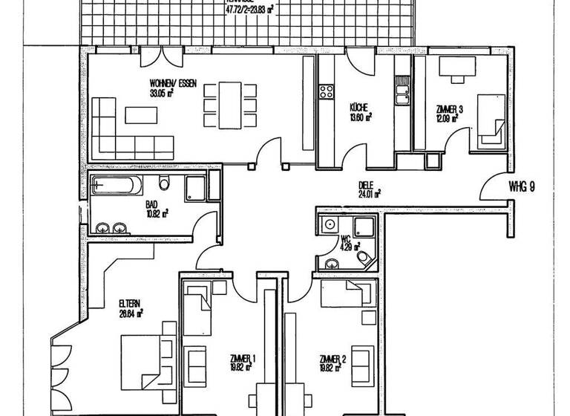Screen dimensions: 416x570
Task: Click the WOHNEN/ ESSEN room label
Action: click(x=172, y=85)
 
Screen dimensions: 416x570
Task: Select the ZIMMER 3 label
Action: click(x=447, y=109)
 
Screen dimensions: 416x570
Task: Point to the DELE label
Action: click(x=364, y=186)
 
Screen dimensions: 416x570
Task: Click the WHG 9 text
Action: click(x=522, y=186)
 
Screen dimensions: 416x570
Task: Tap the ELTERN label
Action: click(x=130, y=303)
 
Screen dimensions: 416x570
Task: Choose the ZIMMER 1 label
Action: click(x=243, y=359)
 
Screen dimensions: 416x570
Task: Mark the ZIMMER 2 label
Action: click(x=332, y=359)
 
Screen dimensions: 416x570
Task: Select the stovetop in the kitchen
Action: click(x=326, y=92)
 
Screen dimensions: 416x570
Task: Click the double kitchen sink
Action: click(x=402, y=94)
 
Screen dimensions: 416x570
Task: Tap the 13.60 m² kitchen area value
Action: click(x=361, y=116)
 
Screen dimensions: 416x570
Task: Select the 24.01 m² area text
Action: click(x=369, y=195)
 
